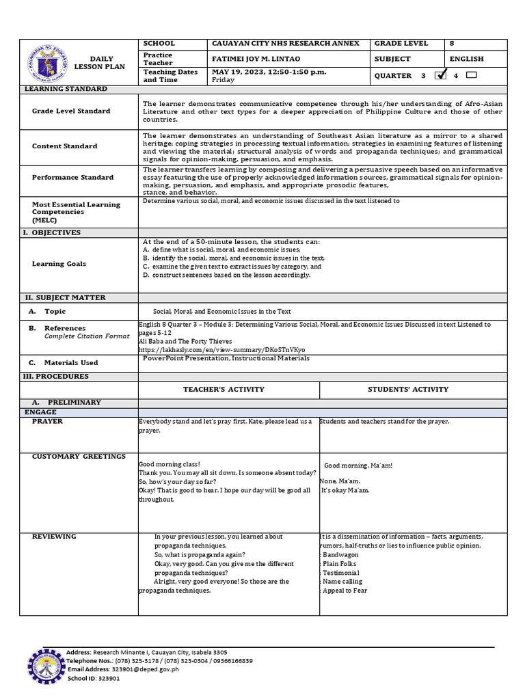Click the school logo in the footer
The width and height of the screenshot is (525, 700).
pos(46,667)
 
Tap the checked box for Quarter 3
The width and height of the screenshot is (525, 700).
pos(441,75)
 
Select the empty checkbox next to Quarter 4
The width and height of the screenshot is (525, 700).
pos(471,75)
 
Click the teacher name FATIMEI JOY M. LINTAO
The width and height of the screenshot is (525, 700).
pos(256,59)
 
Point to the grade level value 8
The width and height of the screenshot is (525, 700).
pos(452,43)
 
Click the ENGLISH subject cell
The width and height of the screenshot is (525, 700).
pos(466,59)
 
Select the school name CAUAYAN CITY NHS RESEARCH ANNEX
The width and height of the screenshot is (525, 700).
pos(286,43)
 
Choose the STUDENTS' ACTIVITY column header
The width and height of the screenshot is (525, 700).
pos(408,389)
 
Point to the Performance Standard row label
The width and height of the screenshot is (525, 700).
pos(72,177)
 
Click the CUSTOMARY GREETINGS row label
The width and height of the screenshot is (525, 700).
pos(79,456)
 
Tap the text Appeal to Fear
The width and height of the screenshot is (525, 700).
pos(345,591)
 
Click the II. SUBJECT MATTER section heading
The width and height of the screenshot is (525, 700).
pos(66,298)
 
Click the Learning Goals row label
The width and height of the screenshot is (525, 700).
pos(59,264)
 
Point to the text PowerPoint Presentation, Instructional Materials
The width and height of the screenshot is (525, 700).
pos(226,358)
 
